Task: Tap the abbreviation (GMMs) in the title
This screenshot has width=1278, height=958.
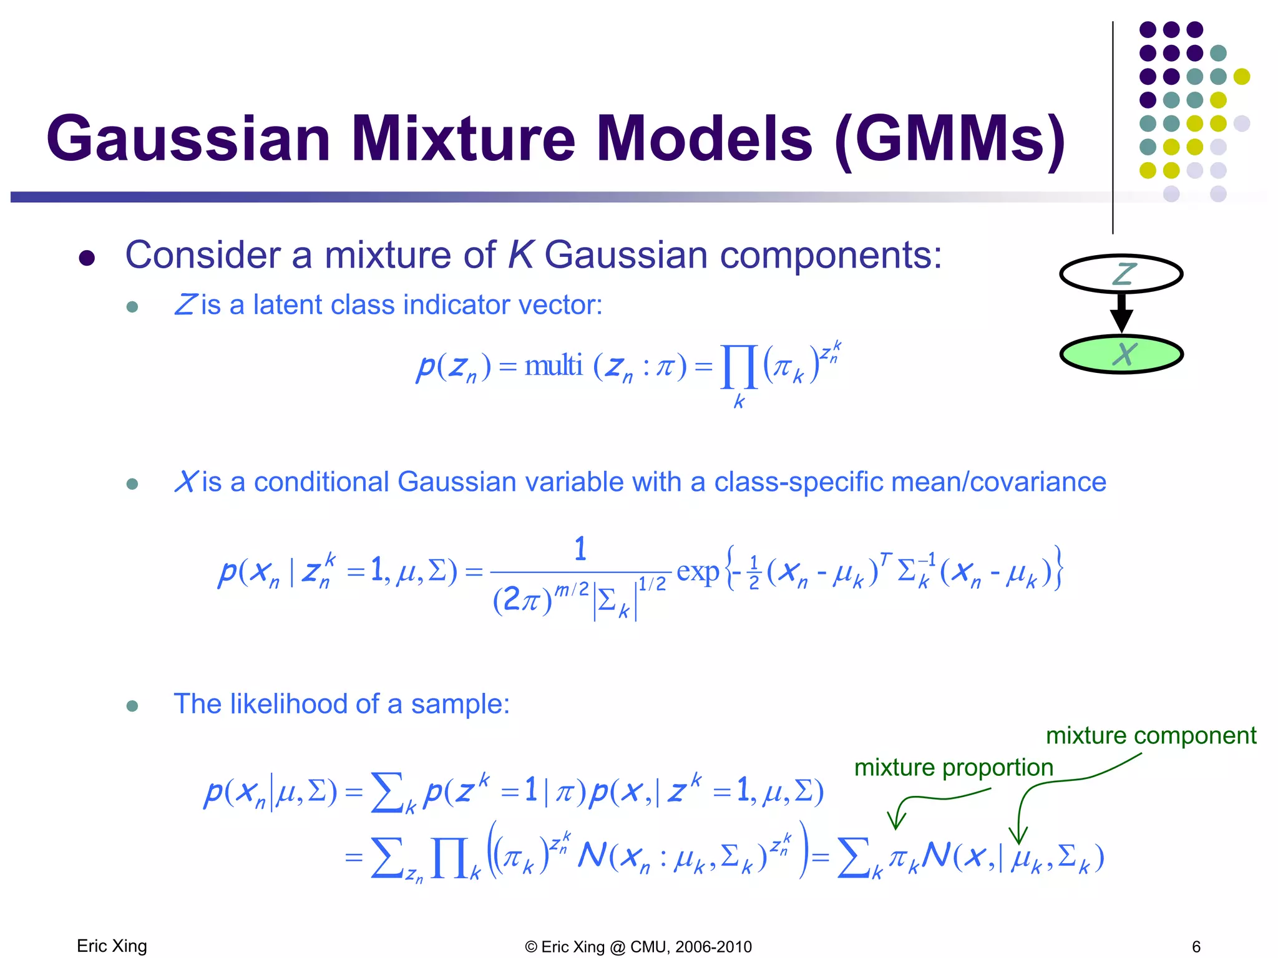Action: (x=949, y=140)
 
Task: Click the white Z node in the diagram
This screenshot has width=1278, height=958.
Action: (x=1121, y=274)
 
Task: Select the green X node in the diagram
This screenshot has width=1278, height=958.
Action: (x=1121, y=354)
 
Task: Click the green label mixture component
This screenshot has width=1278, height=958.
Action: (x=1151, y=736)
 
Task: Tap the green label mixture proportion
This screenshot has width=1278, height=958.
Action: (x=953, y=767)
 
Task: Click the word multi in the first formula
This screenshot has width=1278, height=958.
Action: (x=553, y=366)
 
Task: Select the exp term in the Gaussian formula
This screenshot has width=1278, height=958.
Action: (x=697, y=571)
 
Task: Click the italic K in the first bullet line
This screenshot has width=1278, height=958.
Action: (x=520, y=255)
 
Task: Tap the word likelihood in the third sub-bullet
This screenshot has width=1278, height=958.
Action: (x=289, y=704)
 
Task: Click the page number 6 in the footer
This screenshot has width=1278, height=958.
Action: (x=1196, y=947)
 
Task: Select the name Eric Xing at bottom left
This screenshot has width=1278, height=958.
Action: (x=112, y=946)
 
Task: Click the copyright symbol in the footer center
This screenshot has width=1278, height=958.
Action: (x=531, y=947)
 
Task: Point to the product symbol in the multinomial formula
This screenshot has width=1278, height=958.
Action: (x=739, y=367)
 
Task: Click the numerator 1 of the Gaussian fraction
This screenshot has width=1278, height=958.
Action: (x=580, y=549)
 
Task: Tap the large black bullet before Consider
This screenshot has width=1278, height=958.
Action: (x=87, y=258)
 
